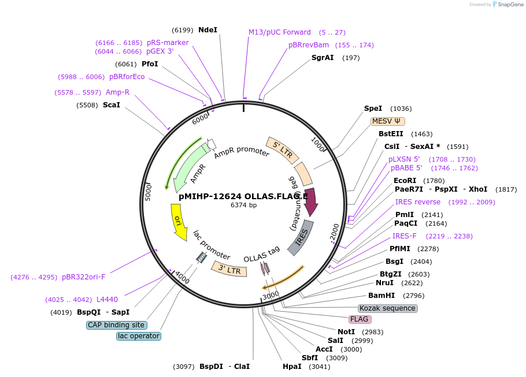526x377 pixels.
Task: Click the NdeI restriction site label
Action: click(208, 29)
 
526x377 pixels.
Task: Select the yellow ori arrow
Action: click(179, 222)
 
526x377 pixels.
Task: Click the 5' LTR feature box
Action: click(283, 149)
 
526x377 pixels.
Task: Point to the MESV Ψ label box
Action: click(388, 121)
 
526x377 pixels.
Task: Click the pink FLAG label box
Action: click(359, 319)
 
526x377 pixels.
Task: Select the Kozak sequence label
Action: click(387, 308)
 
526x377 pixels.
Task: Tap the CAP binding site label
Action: click(116, 325)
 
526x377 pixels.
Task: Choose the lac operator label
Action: click(138, 336)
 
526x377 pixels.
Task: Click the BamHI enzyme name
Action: click(381, 296)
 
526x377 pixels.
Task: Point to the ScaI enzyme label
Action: click(112, 105)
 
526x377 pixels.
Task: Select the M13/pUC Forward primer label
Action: click(280, 32)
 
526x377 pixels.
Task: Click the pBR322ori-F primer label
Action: click(84, 277)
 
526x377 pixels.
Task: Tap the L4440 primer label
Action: click(107, 300)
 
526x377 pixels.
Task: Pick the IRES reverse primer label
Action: click(418, 202)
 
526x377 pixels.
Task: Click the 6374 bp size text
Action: click(243, 205)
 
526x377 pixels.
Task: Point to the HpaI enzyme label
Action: click(292, 367)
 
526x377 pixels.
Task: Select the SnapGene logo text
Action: click(509, 5)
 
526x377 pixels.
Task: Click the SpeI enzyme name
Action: click(373, 109)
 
